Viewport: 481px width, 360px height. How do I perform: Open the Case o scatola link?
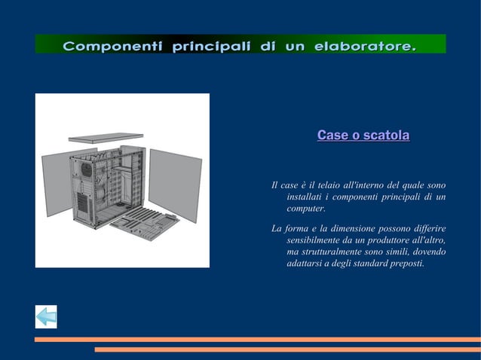tap(363, 136)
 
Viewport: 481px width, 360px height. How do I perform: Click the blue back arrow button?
tap(46, 317)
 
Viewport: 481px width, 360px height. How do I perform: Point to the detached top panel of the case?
tap(106, 138)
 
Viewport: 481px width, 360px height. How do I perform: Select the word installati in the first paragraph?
tap(306, 197)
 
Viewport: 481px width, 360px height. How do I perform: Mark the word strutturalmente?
tap(332, 252)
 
